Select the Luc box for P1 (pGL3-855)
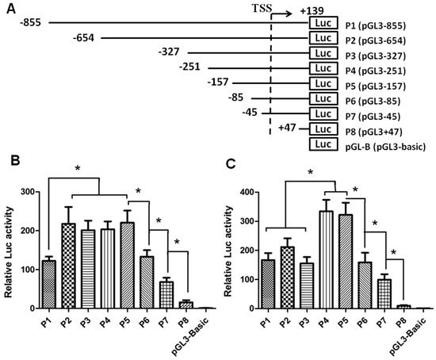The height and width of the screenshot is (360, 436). [x=324, y=23]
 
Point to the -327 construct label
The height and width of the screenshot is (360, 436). [x=172, y=52]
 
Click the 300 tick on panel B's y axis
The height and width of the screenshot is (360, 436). [x=31, y=192]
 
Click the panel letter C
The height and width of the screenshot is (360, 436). [x=230, y=166]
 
